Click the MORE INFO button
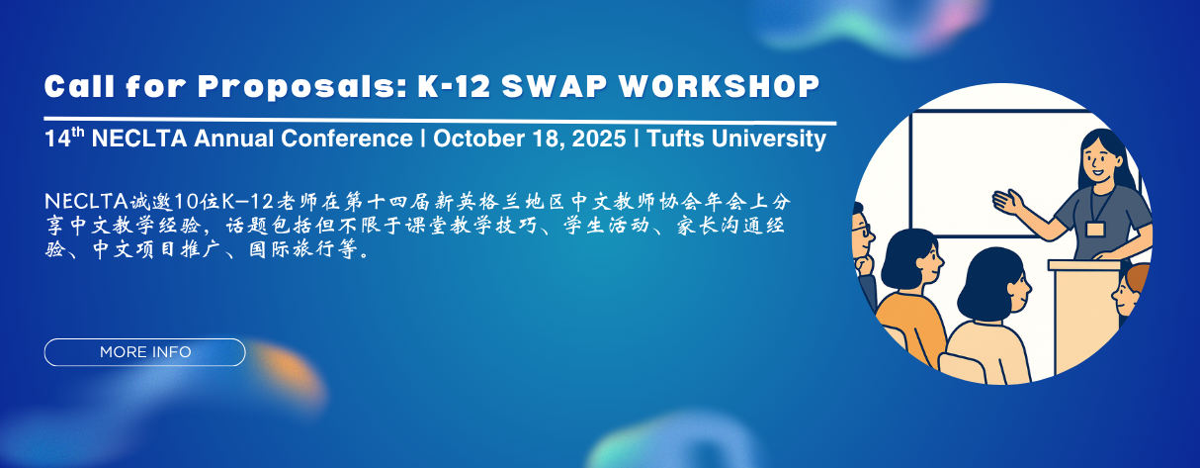[x=144, y=352]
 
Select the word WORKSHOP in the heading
[x=719, y=86]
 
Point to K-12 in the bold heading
[x=454, y=86]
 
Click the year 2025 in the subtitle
[x=599, y=139]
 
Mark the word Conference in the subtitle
[x=347, y=139]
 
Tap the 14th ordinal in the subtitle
[x=64, y=138]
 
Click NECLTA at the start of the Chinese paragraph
[x=86, y=202]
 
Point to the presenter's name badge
[x=1095, y=229]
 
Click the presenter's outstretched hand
[x=1008, y=202]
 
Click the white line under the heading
[x=440, y=121]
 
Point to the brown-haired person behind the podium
[x=1131, y=292]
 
